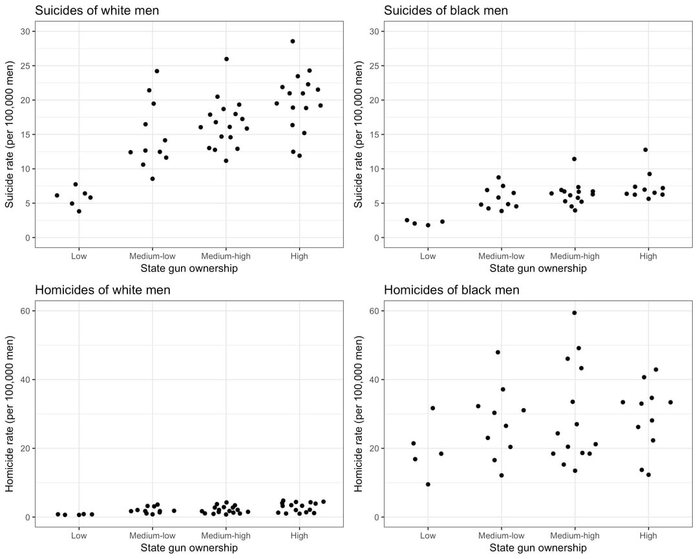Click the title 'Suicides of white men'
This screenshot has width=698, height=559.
(97, 10)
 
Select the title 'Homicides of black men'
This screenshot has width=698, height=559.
(451, 290)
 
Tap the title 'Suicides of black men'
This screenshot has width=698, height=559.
(446, 10)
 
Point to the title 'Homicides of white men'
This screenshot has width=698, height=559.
(102, 290)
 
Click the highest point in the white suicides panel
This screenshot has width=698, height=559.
(293, 41)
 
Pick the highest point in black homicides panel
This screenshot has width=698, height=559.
(574, 313)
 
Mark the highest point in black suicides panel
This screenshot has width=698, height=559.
(645, 150)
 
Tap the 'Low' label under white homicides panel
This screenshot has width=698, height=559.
(79, 536)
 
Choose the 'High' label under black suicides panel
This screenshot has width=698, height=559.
(648, 256)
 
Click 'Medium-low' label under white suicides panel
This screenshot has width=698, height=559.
(153, 256)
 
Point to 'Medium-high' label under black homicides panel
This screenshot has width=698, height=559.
(575, 536)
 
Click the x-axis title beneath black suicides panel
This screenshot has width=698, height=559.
(538, 269)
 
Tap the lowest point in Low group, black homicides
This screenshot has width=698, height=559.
(428, 485)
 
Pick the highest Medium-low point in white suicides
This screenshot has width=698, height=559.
(157, 71)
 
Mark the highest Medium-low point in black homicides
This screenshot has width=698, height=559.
(498, 353)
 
